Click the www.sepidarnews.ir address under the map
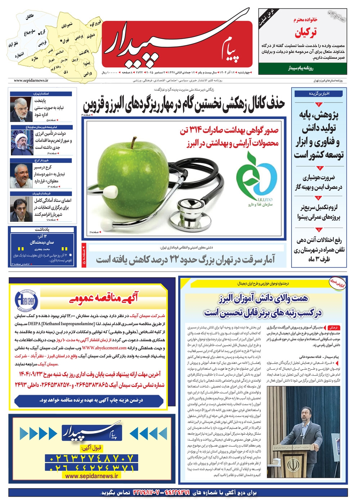click(x=31, y=81)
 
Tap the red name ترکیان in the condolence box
click(x=306, y=33)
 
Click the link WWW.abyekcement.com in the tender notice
click(x=104, y=348)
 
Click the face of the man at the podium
click(x=307, y=413)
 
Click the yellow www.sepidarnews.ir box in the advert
click(x=91, y=476)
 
